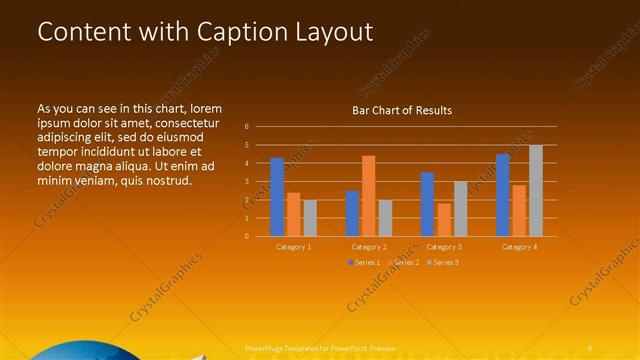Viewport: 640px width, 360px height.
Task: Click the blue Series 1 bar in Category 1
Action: (x=277, y=197)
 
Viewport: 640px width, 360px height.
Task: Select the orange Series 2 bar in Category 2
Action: (x=369, y=196)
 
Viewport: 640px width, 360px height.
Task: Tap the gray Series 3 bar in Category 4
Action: (x=536, y=191)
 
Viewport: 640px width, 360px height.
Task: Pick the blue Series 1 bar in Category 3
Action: (x=427, y=204)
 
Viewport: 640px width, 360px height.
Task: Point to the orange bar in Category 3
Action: (x=443, y=220)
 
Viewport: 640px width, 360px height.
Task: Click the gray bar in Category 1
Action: (x=310, y=218)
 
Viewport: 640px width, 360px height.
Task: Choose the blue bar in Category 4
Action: (x=503, y=195)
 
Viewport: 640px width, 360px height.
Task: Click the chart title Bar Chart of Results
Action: (x=402, y=110)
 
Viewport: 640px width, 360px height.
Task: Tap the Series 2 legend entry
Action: (x=402, y=262)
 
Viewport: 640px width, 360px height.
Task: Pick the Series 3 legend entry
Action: (x=441, y=262)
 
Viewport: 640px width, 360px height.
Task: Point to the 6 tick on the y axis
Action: (x=247, y=127)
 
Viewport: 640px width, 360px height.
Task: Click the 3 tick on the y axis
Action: (x=247, y=182)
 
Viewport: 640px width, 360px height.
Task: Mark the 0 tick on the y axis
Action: (x=247, y=237)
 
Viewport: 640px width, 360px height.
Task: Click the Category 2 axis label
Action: (x=370, y=246)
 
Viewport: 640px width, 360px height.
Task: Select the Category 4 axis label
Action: (x=519, y=246)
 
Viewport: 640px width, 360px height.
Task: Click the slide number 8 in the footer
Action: (x=592, y=347)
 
